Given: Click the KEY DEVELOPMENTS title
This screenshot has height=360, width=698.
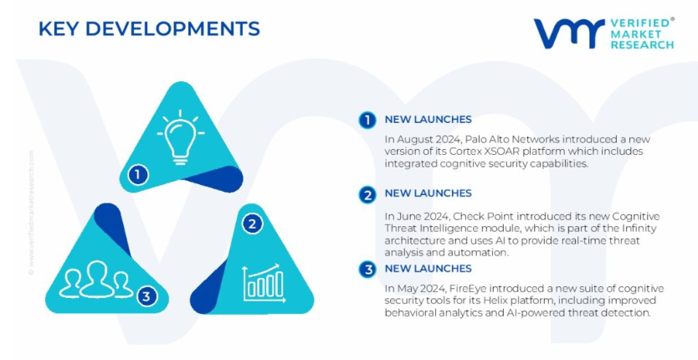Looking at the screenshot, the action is pos(149,29).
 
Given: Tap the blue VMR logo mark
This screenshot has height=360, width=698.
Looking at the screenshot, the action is pos(569,33).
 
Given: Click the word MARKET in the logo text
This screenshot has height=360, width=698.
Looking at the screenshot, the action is pos(629,33).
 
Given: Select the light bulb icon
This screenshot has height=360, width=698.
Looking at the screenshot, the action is pos(181,137).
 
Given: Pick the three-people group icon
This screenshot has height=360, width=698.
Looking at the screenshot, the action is pos(96,280).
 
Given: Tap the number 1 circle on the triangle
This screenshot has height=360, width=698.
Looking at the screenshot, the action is pos(137,175).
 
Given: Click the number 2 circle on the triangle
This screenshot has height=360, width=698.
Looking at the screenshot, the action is pos(252,224).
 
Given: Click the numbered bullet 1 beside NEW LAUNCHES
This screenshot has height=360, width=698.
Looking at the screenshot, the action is pos(367,120).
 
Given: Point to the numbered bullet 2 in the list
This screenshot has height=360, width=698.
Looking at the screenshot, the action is pos(367,195).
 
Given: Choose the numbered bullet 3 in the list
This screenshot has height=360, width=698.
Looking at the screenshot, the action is pos(367,270).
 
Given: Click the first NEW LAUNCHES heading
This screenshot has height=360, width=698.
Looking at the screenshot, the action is pos(428,120).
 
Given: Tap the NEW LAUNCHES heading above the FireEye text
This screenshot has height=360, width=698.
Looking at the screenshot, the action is pos(428,268).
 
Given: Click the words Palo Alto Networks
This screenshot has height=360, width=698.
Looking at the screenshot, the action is pos(508,139).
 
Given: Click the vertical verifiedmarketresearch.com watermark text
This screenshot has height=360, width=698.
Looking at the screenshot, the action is pos(31,212).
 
